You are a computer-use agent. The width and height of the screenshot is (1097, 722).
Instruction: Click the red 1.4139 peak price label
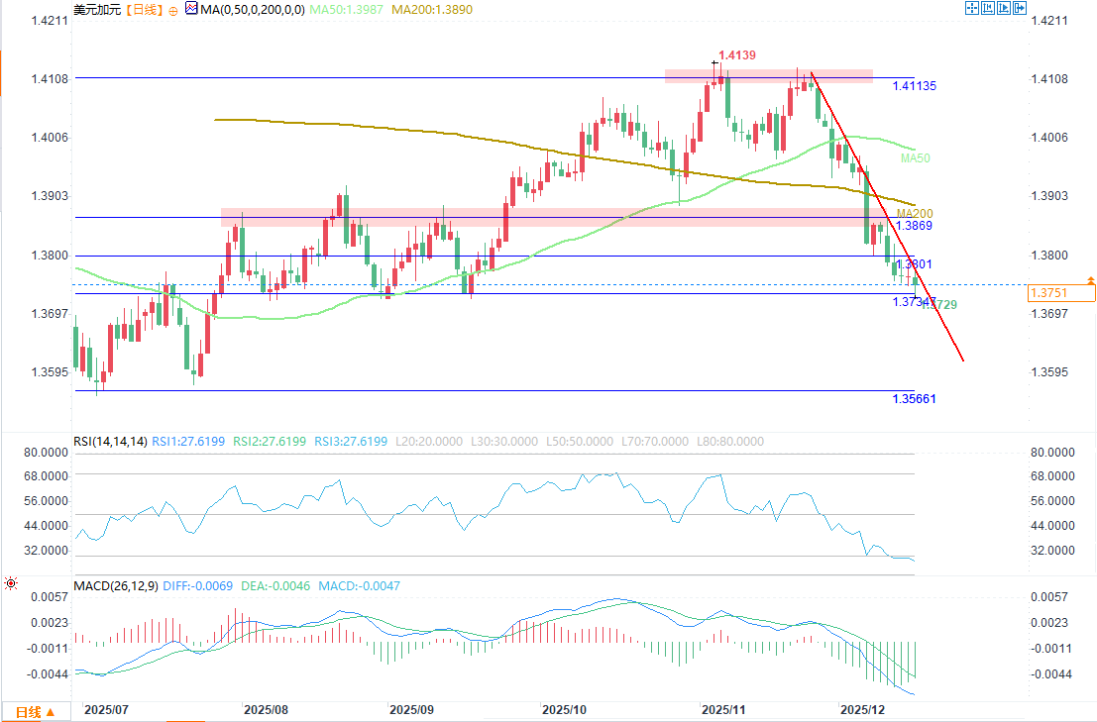(x=737, y=55)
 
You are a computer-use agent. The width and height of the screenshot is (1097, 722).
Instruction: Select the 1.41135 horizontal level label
(x=914, y=86)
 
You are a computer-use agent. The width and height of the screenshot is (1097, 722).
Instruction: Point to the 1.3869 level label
(x=912, y=226)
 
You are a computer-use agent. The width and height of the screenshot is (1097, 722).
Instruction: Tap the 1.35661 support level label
(x=914, y=398)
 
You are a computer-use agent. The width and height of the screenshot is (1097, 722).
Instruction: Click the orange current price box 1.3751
(x=1060, y=292)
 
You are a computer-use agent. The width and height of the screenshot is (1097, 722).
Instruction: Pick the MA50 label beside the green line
(x=915, y=158)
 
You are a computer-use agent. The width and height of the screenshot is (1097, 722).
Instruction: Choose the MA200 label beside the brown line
(x=914, y=213)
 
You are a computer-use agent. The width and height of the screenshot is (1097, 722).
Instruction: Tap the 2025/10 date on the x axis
(x=565, y=710)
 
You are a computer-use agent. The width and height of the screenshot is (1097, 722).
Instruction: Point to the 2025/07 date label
(x=107, y=710)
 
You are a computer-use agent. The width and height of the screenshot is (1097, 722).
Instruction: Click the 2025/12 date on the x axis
(x=861, y=710)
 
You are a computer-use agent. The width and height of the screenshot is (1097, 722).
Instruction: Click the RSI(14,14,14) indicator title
(x=110, y=442)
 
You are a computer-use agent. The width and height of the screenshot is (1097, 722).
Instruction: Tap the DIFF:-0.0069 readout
(x=193, y=586)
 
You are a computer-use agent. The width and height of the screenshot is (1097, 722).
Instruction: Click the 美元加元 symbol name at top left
(x=95, y=9)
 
